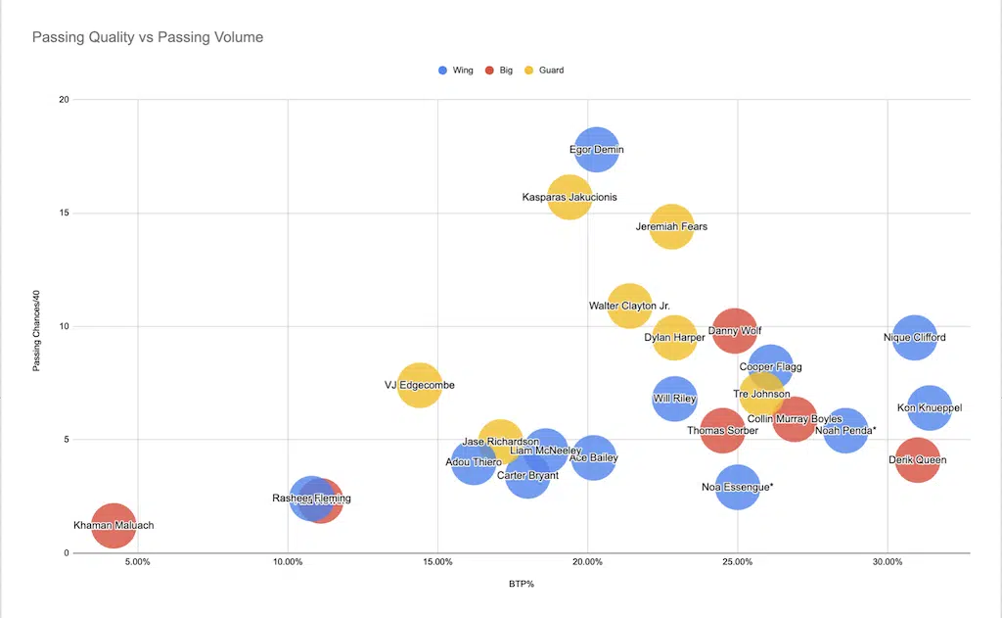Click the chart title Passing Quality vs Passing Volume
point(148,37)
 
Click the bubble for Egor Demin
point(597,150)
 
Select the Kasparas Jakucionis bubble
point(569,197)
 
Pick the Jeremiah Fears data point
point(671,226)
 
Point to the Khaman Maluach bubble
point(114,525)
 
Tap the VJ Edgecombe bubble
point(419,385)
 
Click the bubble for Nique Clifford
point(915,338)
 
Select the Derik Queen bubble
point(917,459)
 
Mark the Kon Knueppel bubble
point(930,407)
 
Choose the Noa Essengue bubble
point(738,486)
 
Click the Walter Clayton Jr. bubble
point(629,306)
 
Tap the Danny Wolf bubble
point(735,331)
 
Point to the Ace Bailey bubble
point(593,457)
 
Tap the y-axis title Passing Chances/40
point(36,326)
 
